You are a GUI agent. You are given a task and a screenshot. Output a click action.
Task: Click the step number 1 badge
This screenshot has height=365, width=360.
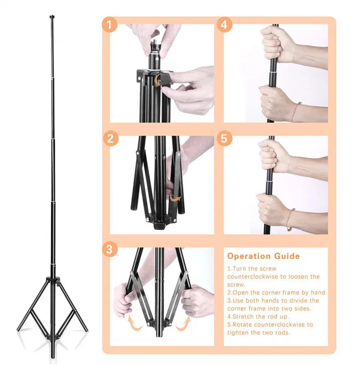(x=109, y=25)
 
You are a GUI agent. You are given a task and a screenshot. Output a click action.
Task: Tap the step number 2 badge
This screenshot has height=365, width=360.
(x=109, y=138)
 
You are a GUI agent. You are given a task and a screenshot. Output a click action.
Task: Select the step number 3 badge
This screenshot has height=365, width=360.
(x=109, y=249)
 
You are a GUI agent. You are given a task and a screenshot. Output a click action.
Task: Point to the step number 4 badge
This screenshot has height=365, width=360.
(x=223, y=25)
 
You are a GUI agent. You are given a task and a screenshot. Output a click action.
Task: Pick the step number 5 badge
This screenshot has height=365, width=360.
(x=223, y=138)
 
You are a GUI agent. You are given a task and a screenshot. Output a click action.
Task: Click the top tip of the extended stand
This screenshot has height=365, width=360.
(x=51, y=17)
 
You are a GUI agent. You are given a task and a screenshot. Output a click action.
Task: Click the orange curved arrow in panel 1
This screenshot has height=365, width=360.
(x=157, y=81)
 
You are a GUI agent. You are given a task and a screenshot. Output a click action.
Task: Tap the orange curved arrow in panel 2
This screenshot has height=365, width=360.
(x=174, y=199)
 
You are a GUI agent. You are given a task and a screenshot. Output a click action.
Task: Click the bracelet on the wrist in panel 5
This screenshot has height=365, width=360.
(x=290, y=218)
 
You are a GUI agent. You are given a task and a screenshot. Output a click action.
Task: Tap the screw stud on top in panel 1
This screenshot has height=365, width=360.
(x=154, y=47)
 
